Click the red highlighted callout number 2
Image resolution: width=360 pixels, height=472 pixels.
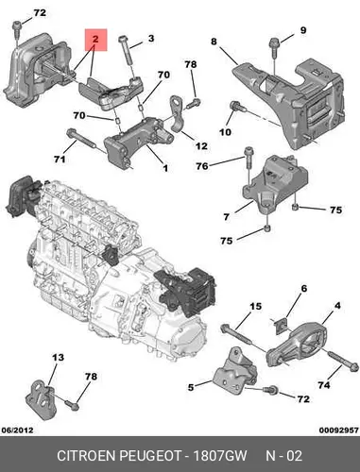click(95, 40)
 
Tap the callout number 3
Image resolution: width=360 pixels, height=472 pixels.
click(151, 39)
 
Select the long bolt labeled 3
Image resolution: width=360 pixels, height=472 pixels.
click(128, 51)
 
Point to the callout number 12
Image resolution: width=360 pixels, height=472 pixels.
click(201, 146)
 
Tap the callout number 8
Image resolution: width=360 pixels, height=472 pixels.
click(214, 42)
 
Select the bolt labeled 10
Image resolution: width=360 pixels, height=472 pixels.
click(237, 107)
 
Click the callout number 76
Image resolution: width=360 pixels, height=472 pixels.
click(202, 166)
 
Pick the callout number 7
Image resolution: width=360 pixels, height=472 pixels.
click(227, 217)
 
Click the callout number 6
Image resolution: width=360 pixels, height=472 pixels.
click(304, 288)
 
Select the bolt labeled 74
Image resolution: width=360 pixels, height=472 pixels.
click(343, 361)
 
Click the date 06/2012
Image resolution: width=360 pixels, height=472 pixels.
click(17, 430)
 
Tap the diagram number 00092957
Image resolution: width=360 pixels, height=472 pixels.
click(339, 430)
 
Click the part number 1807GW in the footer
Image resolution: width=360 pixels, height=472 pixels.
click(219, 456)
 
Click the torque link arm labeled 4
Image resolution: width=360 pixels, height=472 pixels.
click(296, 345)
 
